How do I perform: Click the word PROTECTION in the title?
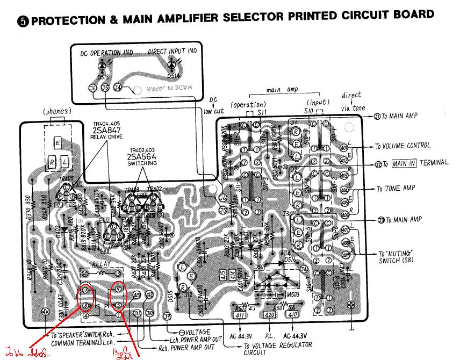pos(59,20)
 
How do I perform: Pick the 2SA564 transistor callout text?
pos(142,157)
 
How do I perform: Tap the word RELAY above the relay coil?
pos(102,264)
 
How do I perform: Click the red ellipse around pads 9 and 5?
pos(119,297)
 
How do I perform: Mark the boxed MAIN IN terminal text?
pos(404,164)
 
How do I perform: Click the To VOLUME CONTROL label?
pos(402,145)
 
